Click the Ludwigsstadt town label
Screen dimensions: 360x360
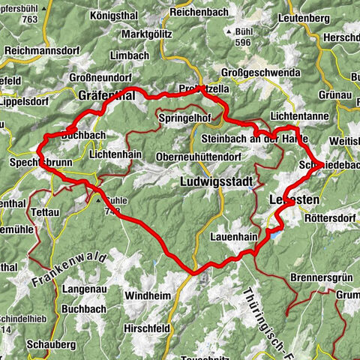tap(218, 182)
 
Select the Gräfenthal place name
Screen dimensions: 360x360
tap(106, 96)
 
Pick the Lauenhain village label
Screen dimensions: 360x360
tap(235, 238)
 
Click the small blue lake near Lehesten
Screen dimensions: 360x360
tap(274, 234)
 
